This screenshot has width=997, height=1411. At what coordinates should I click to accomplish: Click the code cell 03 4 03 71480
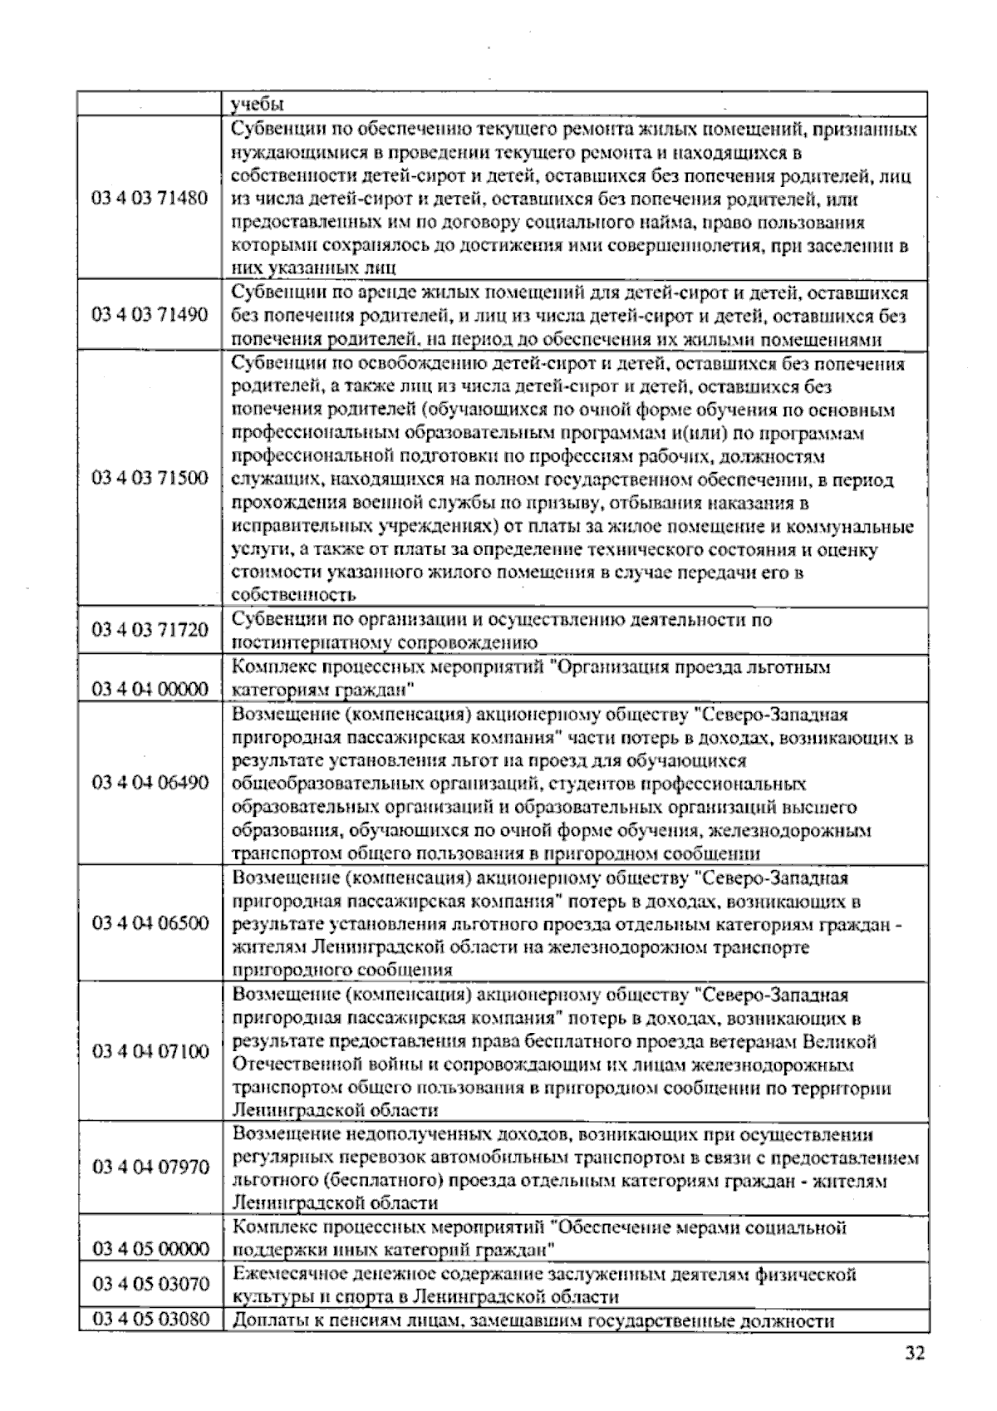(150, 199)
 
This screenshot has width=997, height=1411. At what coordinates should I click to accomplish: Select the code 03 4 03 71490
(150, 316)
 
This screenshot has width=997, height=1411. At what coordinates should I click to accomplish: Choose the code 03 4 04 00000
(150, 690)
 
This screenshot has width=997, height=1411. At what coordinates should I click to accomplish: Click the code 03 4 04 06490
(150, 783)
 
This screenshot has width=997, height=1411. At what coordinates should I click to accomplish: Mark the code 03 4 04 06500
(150, 923)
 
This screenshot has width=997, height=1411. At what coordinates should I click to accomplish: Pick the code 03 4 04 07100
(150, 1052)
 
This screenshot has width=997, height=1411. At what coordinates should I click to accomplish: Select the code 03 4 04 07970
(150, 1168)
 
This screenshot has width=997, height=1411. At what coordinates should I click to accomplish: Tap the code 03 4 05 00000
(150, 1249)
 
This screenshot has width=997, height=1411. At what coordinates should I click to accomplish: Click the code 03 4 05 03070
(150, 1285)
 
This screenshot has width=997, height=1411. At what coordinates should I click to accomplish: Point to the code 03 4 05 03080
(150, 1320)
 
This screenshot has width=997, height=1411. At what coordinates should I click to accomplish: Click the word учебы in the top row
(258, 105)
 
